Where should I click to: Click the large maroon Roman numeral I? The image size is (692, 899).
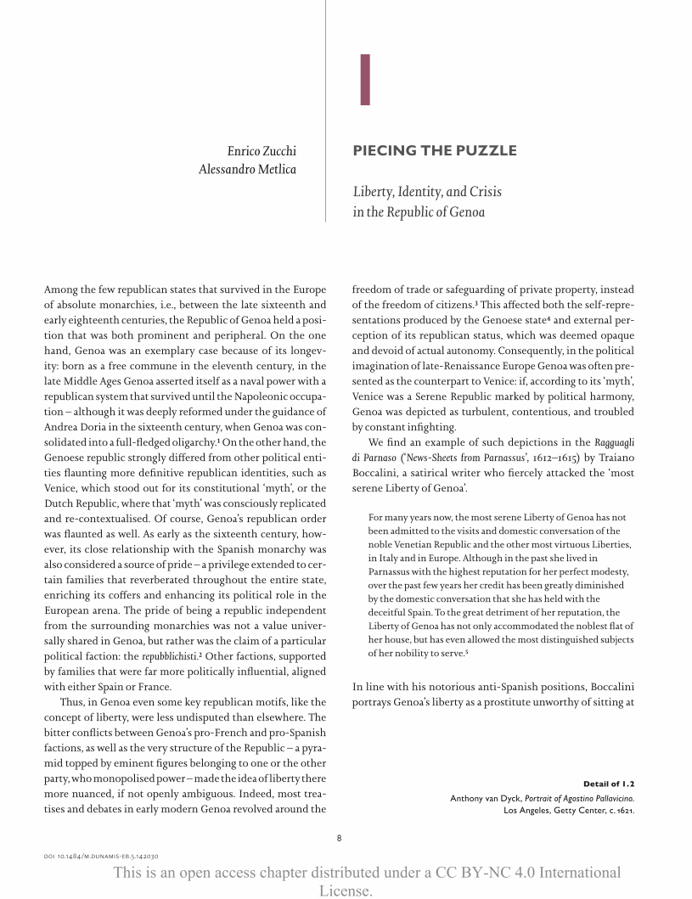coord(365,81)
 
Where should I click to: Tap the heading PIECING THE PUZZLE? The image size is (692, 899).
coord(434,151)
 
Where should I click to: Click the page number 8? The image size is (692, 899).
coord(339,838)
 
